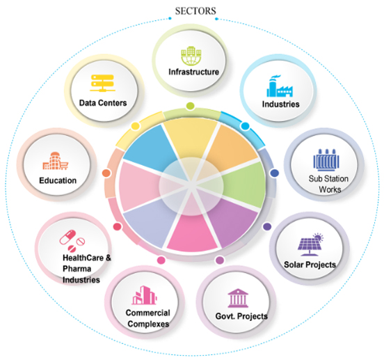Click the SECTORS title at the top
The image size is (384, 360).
click(195, 11)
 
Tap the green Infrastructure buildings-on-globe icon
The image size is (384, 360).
click(191, 56)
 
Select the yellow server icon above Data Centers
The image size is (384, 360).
click(102, 83)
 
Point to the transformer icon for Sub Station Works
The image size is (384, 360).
click(326, 159)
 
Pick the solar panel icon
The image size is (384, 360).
click(310, 244)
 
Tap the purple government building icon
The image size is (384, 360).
click(238, 298)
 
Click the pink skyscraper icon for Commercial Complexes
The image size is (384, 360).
click(144, 295)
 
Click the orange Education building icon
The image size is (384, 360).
click(56, 161)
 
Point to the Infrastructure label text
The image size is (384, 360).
click(193, 72)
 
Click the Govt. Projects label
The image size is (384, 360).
click(241, 316)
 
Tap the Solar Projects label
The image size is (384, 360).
click(310, 265)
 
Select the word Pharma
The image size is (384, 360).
click(77, 269)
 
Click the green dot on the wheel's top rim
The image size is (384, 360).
click(191, 106)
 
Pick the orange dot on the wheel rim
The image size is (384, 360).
click(106, 173)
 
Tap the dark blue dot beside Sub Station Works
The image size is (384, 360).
click(274, 173)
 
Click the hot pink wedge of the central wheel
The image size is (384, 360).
click(193, 233)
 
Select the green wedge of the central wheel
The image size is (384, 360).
click(243, 185)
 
